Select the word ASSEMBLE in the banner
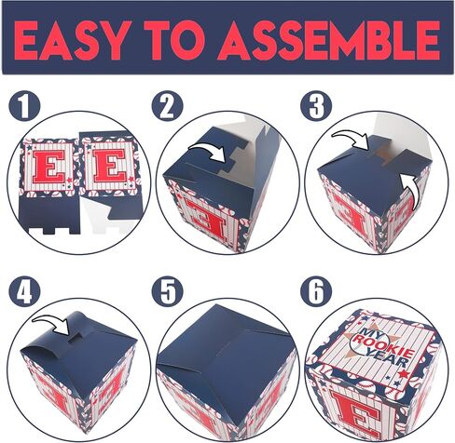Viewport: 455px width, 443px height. click(x=329, y=40)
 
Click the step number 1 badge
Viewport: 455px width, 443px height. click(x=24, y=106)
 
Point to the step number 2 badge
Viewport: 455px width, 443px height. click(x=167, y=106)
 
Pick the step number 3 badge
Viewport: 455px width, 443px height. click(x=316, y=106)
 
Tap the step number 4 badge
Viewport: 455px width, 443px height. click(x=24, y=292)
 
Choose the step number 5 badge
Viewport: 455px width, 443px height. click(x=167, y=292)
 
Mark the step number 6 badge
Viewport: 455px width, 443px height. click(x=316, y=292)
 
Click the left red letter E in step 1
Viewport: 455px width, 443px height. click(x=48, y=167)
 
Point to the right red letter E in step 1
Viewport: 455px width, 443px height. click(x=110, y=166)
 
